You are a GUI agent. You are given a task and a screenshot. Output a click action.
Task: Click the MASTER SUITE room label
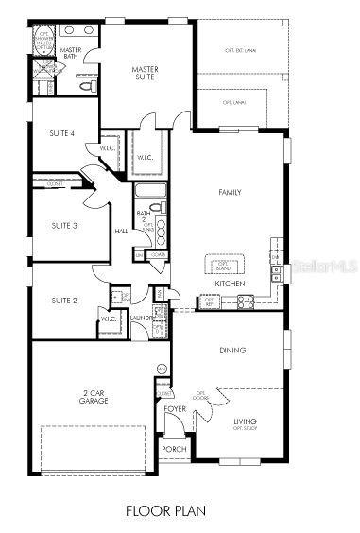click(x=145, y=73)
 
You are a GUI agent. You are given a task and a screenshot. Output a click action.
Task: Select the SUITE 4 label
click(x=62, y=134)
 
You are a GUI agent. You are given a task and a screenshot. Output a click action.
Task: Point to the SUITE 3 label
click(x=64, y=225)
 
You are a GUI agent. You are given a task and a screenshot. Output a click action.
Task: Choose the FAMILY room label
click(x=230, y=193)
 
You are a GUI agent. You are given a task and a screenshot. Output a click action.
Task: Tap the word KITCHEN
click(x=230, y=284)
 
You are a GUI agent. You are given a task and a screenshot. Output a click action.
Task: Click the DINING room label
click(x=232, y=351)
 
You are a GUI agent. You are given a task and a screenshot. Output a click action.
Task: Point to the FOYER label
click(x=175, y=409)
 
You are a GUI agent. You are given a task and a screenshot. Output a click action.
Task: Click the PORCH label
click(x=174, y=449)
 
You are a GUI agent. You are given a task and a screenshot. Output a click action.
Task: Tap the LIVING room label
click(x=245, y=423)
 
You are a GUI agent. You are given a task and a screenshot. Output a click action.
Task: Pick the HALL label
click(x=121, y=230)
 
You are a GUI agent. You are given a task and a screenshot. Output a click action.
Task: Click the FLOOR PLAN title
click(x=180, y=511)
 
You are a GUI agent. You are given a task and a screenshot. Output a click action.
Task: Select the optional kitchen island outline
click(x=224, y=263)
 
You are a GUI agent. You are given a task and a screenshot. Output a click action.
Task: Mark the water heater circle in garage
click(x=162, y=368)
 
